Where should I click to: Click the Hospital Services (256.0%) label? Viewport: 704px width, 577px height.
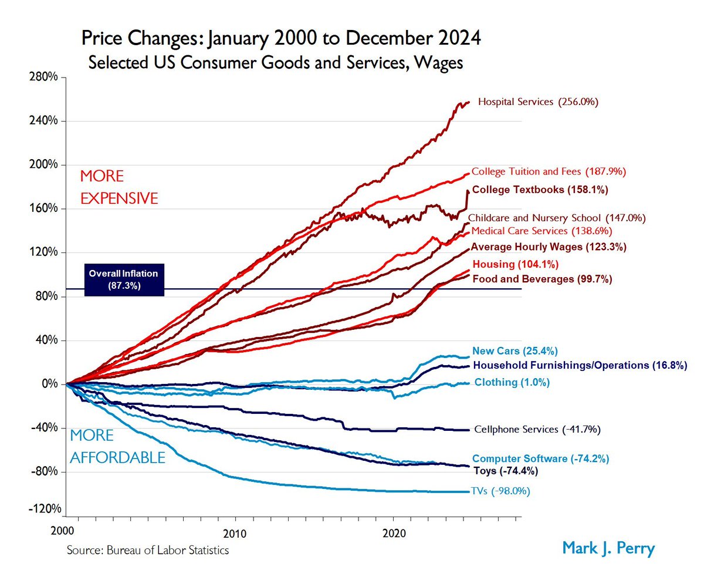click(x=538, y=102)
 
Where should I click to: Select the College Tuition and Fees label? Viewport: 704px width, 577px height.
click(x=549, y=172)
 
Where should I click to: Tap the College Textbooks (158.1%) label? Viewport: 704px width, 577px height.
click(x=540, y=190)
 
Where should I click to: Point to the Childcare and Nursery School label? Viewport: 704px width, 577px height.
click(x=557, y=218)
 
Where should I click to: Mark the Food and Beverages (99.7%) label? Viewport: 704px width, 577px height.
click(x=542, y=279)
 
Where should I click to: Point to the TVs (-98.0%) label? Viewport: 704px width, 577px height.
click(x=500, y=491)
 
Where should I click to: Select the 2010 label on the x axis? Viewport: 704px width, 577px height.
click(x=236, y=533)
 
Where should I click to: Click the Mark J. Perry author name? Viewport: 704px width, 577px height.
click(x=608, y=548)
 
